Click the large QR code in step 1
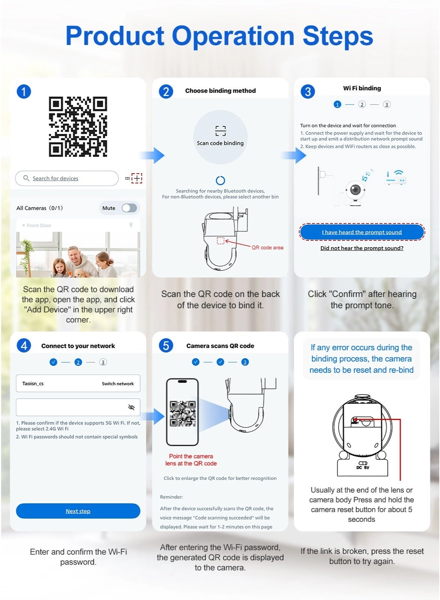click(x=78, y=126)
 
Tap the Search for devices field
click(x=67, y=178)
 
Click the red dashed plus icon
click(x=137, y=178)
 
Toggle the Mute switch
click(x=129, y=208)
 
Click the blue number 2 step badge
click(x=166, y=91)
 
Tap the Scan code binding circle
click(x=220, y=137)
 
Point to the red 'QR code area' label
click(x=267, y=247)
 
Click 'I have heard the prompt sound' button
click(x=362, y=232)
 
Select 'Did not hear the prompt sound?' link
click(x=362, y=248)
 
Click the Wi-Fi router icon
click(x=396, y=177)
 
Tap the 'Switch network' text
click(x=118, y=384)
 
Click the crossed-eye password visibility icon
click(x=131, y=407)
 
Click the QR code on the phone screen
click(x=183, y=413)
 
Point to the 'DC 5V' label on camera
click(x=363, y=468)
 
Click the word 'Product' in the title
click(x=115, y=36)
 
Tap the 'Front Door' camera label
click(x=39, y=225)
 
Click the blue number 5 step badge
click(x=166, y=345)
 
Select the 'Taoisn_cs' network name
click(x=33, y=384)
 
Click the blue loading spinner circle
click(x=220, y=180)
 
